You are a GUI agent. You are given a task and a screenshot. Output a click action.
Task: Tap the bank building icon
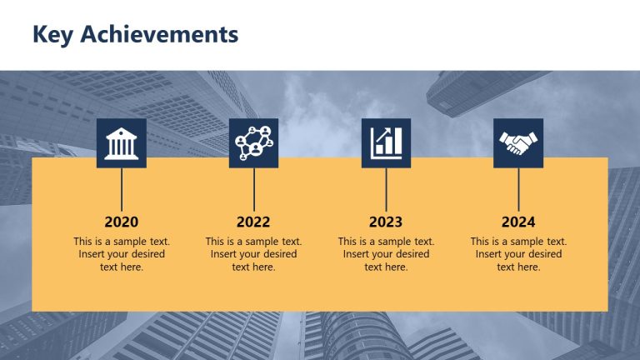coord(122,142)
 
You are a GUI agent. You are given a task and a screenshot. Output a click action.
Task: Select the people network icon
coord(253,142)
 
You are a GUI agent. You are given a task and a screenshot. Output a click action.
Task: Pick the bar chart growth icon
coord(386,142)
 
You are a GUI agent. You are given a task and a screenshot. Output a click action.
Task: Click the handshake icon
coord(518,142)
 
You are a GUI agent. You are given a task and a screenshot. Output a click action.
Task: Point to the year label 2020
coord(122,222)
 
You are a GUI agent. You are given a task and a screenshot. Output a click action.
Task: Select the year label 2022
coord(253,222)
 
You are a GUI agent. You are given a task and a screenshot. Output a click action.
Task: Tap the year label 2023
coord(386,222)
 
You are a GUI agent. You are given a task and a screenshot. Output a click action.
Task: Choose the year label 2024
coord(518,222)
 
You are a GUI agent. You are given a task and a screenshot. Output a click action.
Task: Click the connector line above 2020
coord(122,189)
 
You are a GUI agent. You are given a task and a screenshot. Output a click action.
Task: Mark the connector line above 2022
coord(253,189)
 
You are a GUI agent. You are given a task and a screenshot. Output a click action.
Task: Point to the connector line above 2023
coord(386,189)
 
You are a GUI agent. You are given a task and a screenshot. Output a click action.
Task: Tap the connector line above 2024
coord(518,189)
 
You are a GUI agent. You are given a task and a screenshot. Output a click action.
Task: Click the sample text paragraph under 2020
coord(122,254)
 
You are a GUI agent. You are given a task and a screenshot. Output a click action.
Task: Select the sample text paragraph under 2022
coord(253,254)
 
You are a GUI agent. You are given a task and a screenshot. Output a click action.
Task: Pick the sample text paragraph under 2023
coord(386,254)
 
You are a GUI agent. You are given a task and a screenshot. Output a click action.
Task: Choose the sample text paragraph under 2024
coord(518,254)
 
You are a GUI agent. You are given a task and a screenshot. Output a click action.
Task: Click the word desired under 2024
coord(543,254)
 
